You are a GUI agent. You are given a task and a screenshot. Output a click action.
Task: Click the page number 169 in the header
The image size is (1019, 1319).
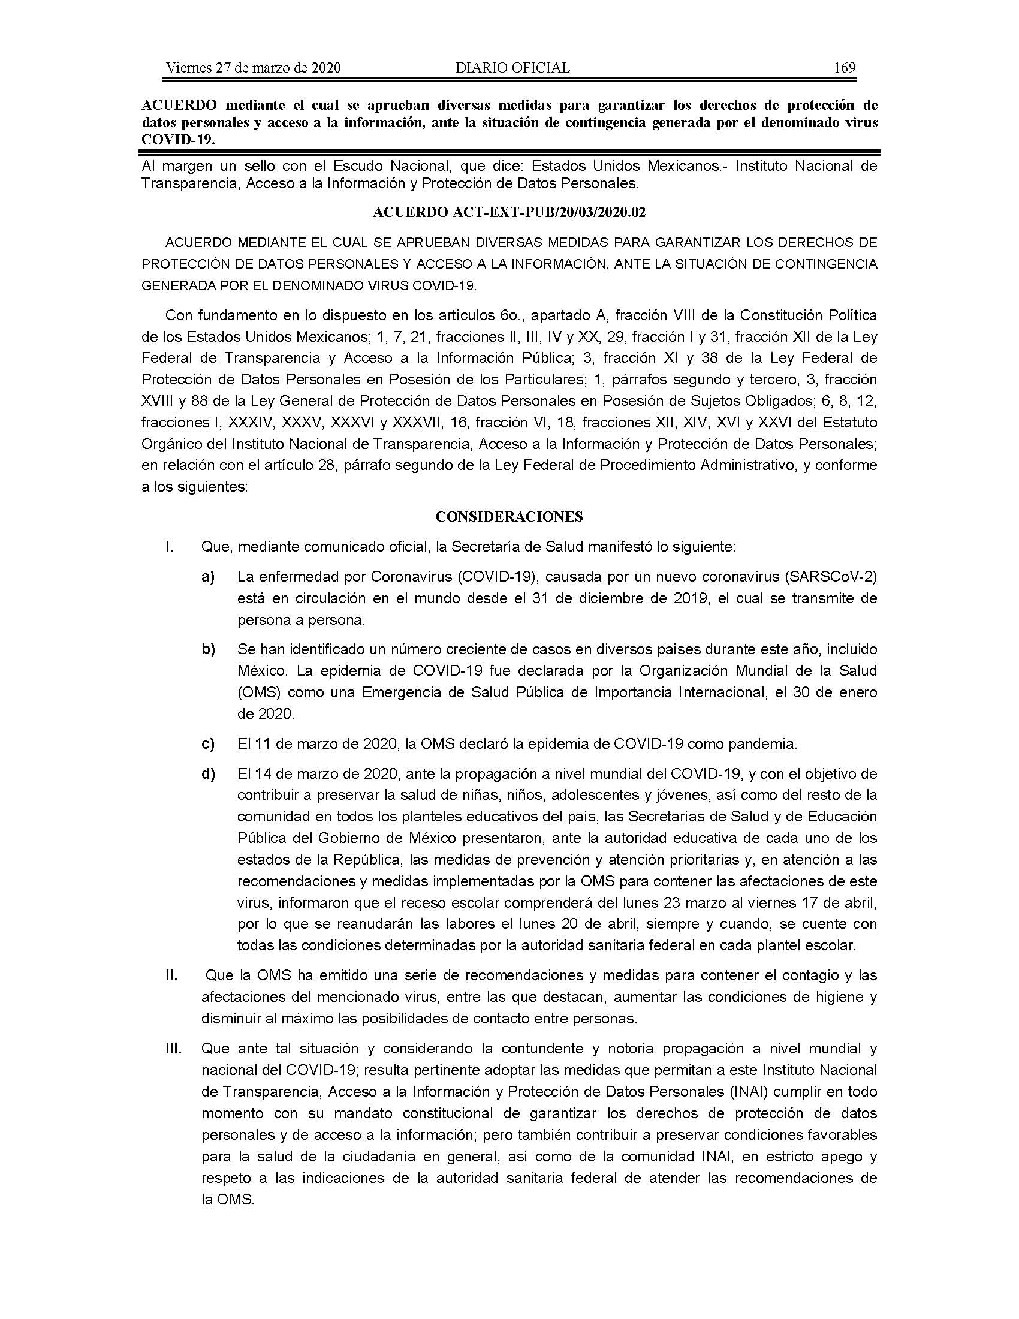[844, 68]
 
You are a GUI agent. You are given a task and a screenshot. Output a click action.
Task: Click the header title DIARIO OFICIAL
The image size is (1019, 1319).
[512, 68]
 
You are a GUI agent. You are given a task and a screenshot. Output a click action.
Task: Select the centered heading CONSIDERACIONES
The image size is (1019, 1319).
[509, 516]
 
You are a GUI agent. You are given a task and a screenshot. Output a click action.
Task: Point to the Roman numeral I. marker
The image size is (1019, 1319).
[170, 547]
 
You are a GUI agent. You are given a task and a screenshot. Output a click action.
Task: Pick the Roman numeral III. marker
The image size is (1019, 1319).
[174, 1049]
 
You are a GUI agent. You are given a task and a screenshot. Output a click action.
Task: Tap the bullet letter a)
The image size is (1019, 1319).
[208, 577]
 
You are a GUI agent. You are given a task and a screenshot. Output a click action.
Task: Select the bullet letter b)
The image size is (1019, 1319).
[208, 649]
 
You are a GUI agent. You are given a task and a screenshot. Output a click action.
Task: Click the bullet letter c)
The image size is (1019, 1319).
[208, 744]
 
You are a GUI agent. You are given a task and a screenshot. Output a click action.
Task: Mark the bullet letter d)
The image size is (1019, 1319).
[208, 773]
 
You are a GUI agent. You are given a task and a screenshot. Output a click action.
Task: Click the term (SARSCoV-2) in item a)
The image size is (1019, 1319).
[831, 577]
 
